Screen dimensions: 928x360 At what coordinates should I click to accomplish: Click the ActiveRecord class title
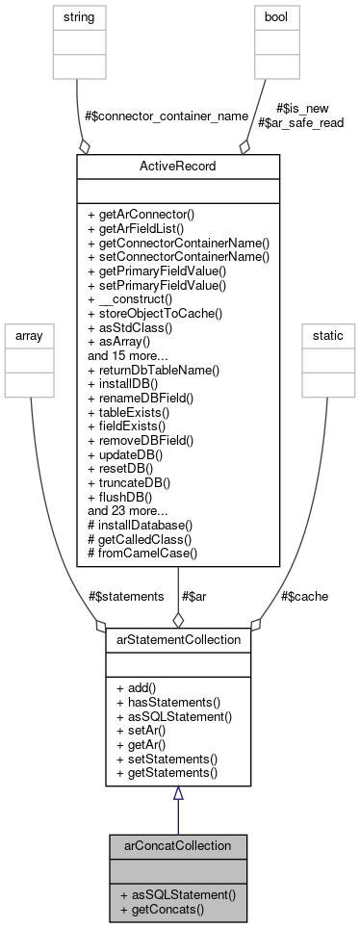coord(177,166)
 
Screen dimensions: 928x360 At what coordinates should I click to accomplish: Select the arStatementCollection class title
coord(177,637)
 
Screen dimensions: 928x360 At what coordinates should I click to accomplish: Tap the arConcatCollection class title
coord(177,845)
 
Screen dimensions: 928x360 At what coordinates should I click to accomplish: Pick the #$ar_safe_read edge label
coord(301,122)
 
